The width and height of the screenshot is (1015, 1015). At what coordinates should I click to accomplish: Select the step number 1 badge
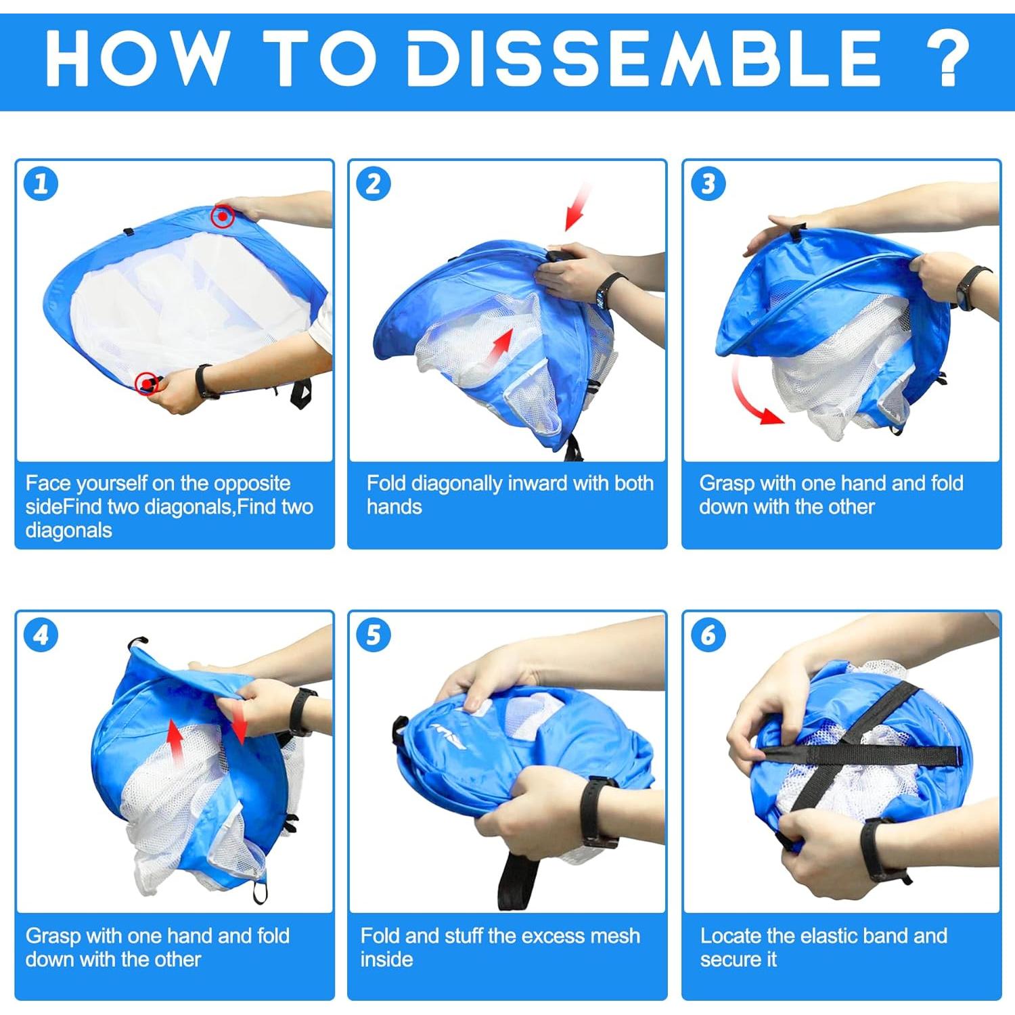(41, 183)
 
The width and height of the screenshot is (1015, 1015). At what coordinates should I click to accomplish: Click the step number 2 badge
(374, 183)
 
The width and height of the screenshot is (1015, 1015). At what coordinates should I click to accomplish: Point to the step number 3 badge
(708, 183)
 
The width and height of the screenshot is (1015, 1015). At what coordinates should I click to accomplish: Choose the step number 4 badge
(41, 635)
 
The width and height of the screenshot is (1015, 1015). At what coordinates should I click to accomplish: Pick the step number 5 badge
(374, 635)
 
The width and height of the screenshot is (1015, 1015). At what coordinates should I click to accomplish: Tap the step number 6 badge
(708, 635)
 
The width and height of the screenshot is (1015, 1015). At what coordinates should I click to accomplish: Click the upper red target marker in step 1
(223, 217)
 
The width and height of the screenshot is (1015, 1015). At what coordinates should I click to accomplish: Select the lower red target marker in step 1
(146, 384)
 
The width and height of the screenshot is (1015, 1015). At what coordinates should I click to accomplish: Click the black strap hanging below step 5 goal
(516, 880)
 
